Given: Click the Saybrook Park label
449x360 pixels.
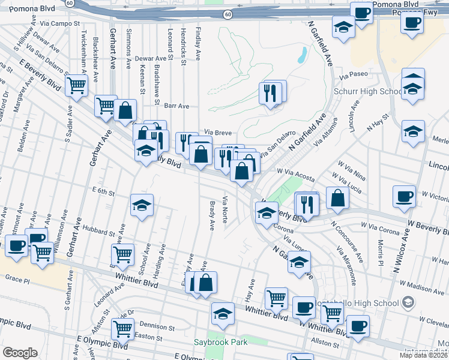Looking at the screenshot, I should (220, 342).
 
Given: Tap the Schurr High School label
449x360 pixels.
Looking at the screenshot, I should (367, 92).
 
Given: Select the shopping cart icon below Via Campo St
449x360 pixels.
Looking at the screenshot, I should (77, 85).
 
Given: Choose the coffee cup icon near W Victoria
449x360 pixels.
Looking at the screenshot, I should (404, 196).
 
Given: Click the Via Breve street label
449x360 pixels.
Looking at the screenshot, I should (217, 133).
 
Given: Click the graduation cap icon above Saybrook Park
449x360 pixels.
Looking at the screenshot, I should (223, 313).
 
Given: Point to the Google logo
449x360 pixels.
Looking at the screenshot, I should (20, 353).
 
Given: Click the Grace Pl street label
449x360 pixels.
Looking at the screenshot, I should (17, 278).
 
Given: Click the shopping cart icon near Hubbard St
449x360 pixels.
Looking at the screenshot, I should (122, 254).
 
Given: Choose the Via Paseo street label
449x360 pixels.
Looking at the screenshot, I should (352, 77).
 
